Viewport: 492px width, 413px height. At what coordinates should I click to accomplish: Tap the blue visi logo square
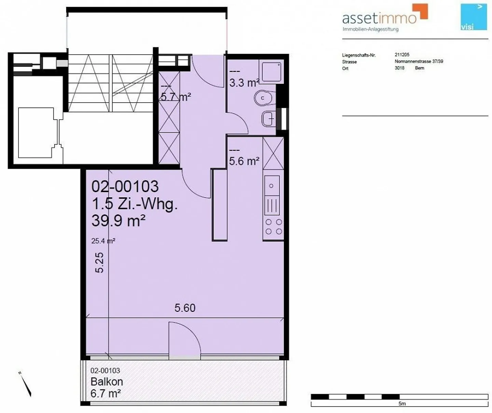[474, 16]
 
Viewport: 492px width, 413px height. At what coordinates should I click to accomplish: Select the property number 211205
[402, 55]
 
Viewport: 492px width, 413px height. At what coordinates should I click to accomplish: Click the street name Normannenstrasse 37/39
[419, 62]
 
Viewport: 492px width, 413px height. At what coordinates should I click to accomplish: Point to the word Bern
[420, 68]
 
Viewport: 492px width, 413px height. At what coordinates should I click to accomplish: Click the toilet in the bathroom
[264, 98]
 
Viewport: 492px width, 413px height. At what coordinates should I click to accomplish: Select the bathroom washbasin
[269, 119]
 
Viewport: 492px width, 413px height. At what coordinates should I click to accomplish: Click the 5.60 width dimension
[185, 308]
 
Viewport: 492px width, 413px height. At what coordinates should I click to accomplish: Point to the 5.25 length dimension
[99, 263]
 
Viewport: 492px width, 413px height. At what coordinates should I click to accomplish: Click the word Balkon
[107, 382]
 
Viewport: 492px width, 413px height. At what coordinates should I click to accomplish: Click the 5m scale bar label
[402, 404]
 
